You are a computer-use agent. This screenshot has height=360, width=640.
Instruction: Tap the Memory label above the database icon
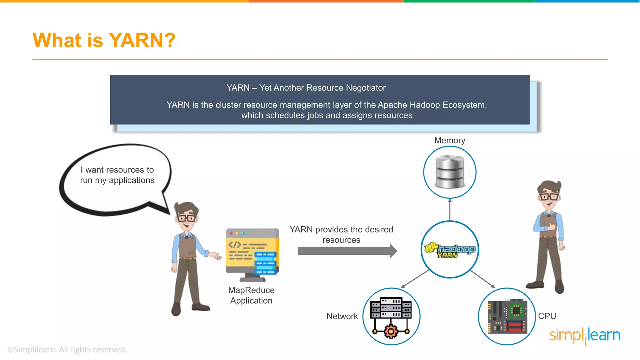click(449, 141)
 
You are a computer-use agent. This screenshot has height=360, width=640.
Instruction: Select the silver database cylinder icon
click(450, 172)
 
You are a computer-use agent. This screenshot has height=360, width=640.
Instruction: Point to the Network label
click(342, 316)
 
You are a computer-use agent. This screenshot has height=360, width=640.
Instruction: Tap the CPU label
click(547, 316)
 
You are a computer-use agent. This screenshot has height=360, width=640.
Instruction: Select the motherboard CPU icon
click(507, 317)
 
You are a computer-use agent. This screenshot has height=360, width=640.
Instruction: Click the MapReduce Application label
click(251, 295)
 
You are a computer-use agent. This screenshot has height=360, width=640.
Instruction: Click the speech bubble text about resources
click(117, 175)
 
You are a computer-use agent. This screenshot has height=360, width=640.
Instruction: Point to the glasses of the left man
click(187, 218)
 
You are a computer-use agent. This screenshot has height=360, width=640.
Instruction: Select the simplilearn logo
click(584, 336)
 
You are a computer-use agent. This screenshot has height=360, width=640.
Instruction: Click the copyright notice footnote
click(67, 349)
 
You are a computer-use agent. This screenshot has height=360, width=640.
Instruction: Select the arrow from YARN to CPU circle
click(482, 279)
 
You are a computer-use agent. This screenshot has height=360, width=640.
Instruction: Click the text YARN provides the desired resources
click(341, 234)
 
